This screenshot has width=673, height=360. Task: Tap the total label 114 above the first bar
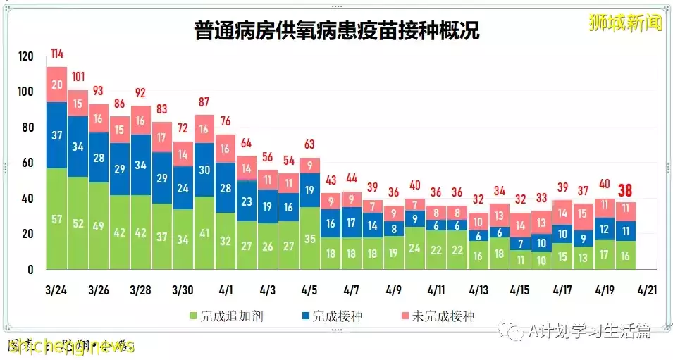(x=57, y=54)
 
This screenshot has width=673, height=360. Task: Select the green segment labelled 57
(x=56, y=219)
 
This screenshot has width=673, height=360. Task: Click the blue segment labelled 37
(x=56, y=135)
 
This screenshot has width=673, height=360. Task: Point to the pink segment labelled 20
(x=56, y=85)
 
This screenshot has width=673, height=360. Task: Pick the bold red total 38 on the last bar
(x=624, y=190)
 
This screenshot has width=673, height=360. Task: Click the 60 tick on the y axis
(x=27, y=163)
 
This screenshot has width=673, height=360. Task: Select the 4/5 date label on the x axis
(x=309, y=290)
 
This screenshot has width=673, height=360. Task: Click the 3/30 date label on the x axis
(x=183, y=290)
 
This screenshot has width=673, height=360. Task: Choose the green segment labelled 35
(x=309, y=238)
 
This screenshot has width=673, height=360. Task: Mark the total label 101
(x=78, y=77)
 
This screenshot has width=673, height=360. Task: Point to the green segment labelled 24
(x=415, y=248)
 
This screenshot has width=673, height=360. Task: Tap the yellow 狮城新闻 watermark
(x=625, y=23)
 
